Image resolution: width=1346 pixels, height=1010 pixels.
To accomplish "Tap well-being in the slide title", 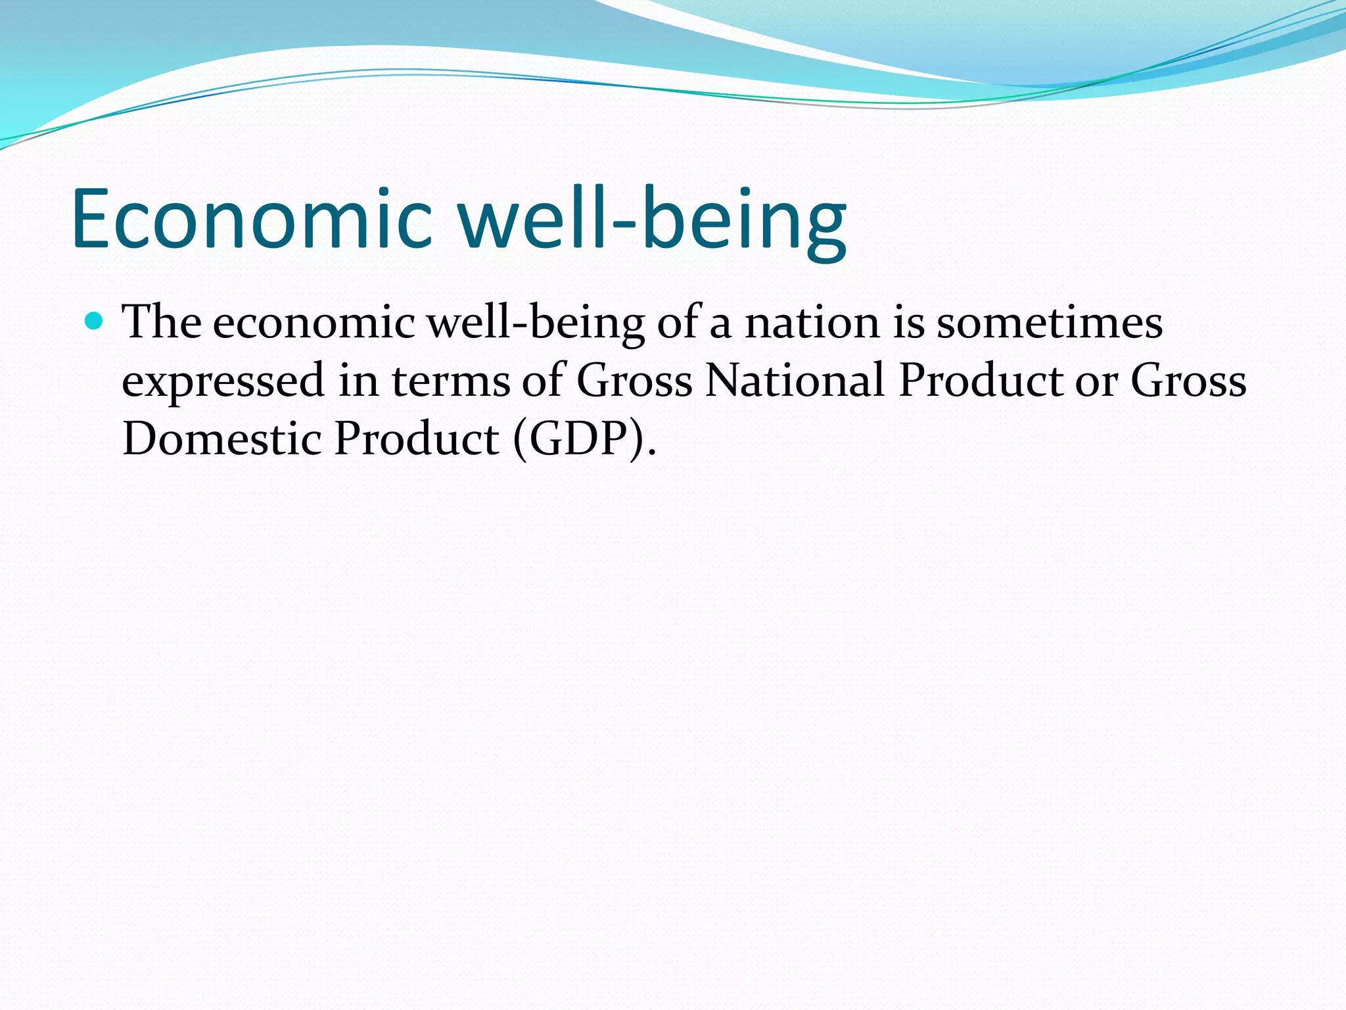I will (x=652, y=219).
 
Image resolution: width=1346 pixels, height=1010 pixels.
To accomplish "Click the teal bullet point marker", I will (x=95, y=321).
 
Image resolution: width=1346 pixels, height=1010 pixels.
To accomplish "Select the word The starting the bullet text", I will (x=162, y=322).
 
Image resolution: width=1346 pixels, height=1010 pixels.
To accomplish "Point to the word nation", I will (x=812, y=324).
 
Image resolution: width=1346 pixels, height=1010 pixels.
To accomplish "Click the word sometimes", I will (x=1049, y=324).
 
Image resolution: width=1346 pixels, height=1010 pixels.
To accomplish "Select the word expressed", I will (x=223, y=381).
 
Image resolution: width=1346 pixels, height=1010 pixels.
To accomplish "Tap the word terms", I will (x=451, y=381).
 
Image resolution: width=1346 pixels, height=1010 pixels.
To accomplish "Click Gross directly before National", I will (x=634, y=381).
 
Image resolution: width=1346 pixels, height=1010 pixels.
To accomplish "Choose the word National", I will (x=795, y=381).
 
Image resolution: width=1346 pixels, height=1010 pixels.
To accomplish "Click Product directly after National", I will (x=980, y=381).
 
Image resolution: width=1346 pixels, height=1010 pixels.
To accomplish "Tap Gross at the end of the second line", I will (x=1188, y=381).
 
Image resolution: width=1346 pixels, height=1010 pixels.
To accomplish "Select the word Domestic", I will (x=221, y=439).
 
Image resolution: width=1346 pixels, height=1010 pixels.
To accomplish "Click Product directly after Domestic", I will (x=416, y=439).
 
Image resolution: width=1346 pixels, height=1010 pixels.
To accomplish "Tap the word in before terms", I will (x=358, y=381).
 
